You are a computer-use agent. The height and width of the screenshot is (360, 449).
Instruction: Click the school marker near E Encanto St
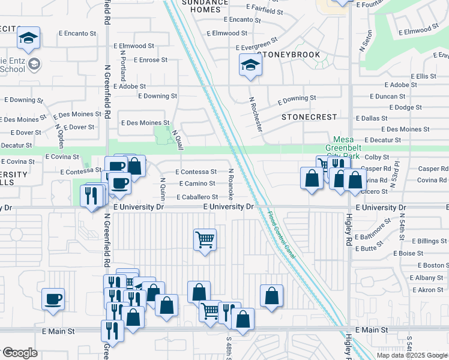point(28,39)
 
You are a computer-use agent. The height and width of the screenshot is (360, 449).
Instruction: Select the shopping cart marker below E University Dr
point(205,240)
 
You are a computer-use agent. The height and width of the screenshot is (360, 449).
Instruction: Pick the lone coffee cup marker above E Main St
point(53,299)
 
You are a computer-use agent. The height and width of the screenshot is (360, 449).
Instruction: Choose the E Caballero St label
point(197,197)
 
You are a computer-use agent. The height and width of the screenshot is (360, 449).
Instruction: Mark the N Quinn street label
point(162,190)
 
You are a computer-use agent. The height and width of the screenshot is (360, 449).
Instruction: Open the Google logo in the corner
point(20,353)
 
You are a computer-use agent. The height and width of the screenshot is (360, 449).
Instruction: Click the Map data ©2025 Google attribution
point(411,355)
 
